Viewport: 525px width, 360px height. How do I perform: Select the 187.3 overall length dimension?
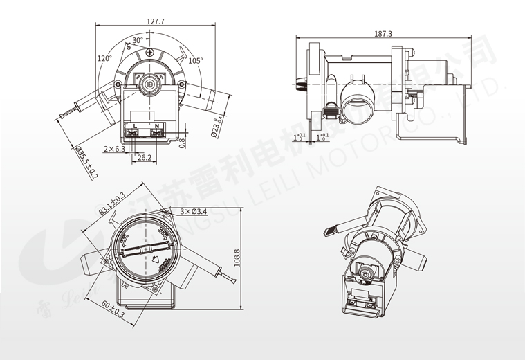pos(383,33)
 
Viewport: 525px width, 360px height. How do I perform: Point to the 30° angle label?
pos(138,40)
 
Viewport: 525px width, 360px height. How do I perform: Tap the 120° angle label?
pos(104,59)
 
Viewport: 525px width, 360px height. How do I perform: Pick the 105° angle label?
pos(196,61)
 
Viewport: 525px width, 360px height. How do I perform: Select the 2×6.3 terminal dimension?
pos(114,149)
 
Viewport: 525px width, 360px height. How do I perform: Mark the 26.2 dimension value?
pos(144,158)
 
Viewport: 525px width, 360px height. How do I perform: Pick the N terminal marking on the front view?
pos(158,125)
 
